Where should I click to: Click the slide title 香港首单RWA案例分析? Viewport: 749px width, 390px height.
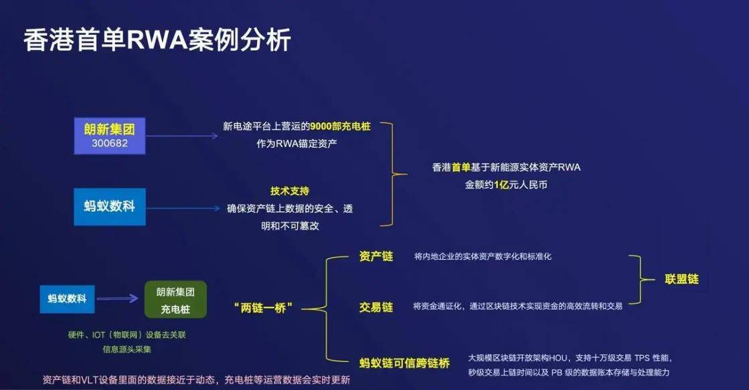(158, 40)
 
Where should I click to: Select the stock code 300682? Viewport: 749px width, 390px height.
(109, 142)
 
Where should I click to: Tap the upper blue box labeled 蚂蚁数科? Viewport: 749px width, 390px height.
(109, 206)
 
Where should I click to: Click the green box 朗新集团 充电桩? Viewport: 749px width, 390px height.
(176, 300)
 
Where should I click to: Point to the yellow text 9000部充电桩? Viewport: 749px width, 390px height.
(339, 125)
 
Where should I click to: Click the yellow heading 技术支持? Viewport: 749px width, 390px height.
(289, 191)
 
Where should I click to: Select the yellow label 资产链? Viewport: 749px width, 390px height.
(376, 257)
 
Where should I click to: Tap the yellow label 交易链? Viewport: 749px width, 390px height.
(376, 307)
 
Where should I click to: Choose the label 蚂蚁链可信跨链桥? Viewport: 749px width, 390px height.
(404, 363)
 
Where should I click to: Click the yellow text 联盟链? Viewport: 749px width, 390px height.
(681, 279)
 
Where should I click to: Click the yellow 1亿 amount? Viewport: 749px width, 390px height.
(501, 185)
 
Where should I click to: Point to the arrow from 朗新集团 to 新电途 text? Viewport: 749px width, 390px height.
(181, 136)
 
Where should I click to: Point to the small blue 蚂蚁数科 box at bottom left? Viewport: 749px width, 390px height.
(67, 298)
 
